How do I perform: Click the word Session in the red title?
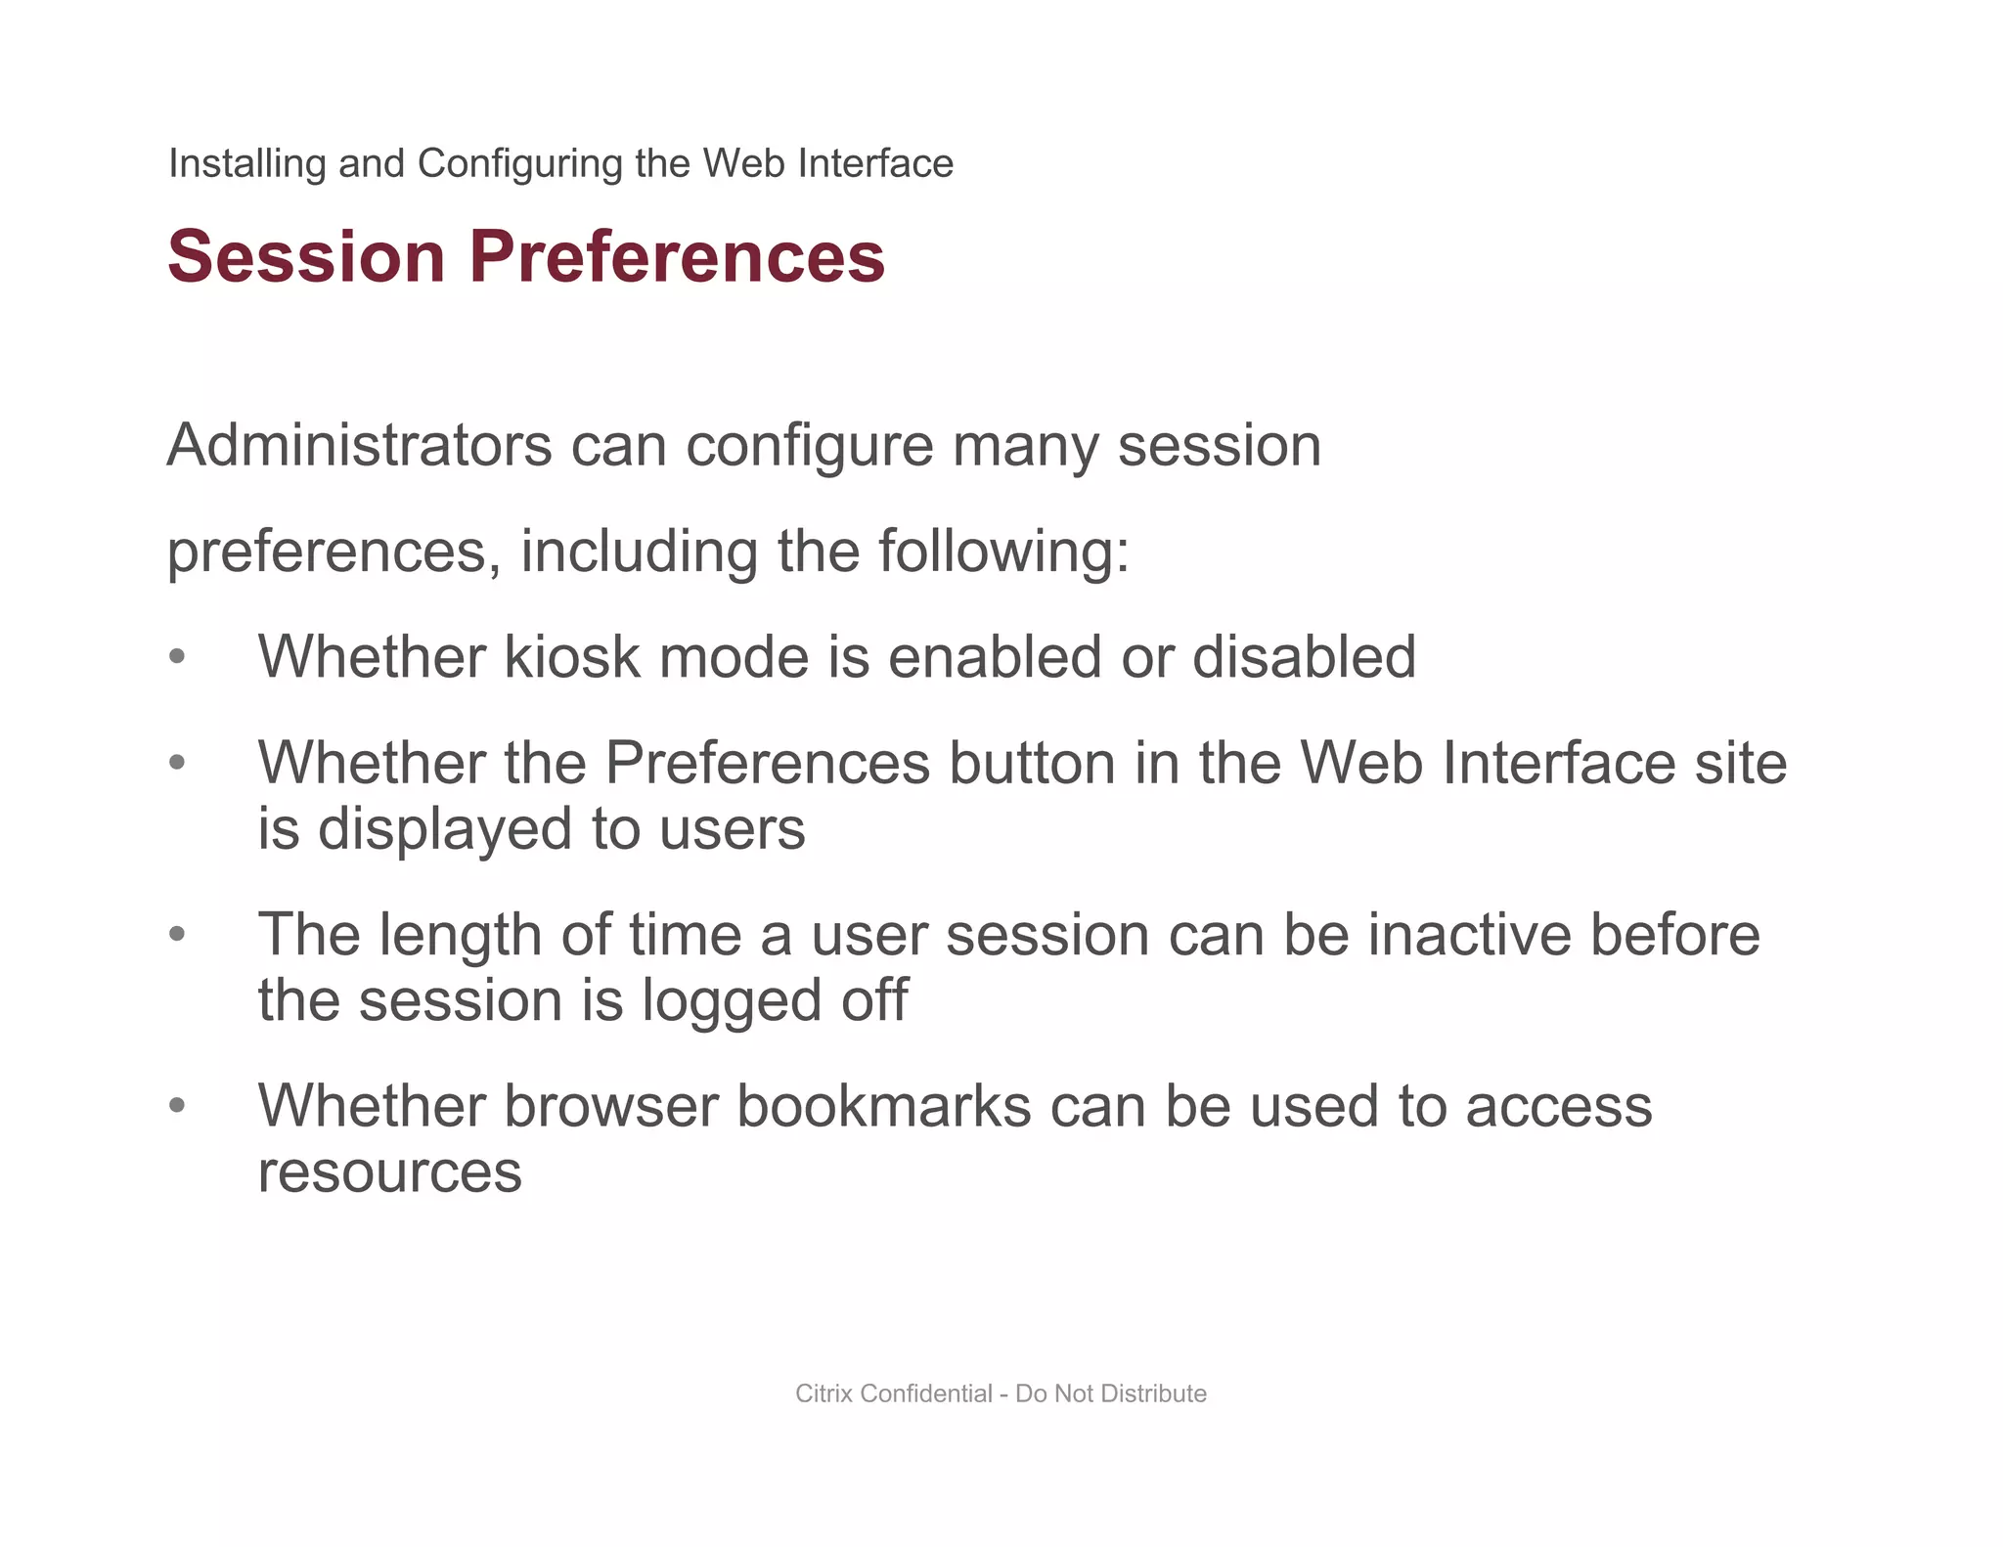coord(306,256)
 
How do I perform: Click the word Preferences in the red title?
coord(677,256)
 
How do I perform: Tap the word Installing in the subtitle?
coord(246,163)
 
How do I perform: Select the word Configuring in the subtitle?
coord(519,163)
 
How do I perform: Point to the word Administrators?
coord(360,446)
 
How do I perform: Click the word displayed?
coord(445,829)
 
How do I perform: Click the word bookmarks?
coord(883,1107)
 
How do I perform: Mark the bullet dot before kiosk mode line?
coord(177,657)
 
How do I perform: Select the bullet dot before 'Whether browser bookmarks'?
coord(177,1107)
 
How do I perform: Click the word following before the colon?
coord(994,552)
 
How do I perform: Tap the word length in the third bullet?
coord(459,935)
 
